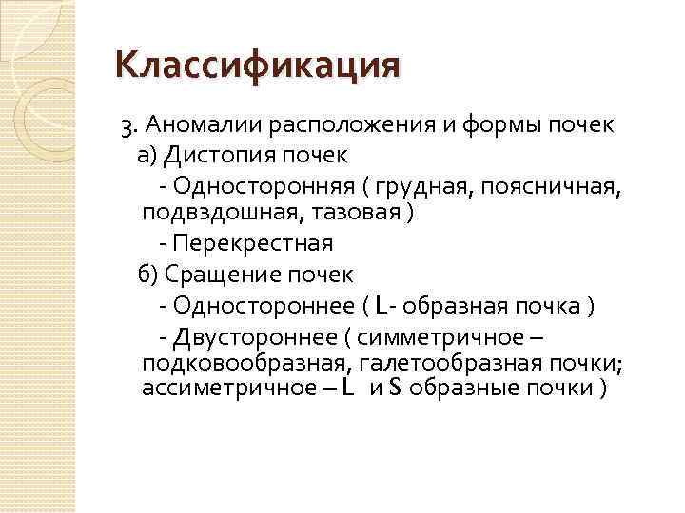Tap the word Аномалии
204,125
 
